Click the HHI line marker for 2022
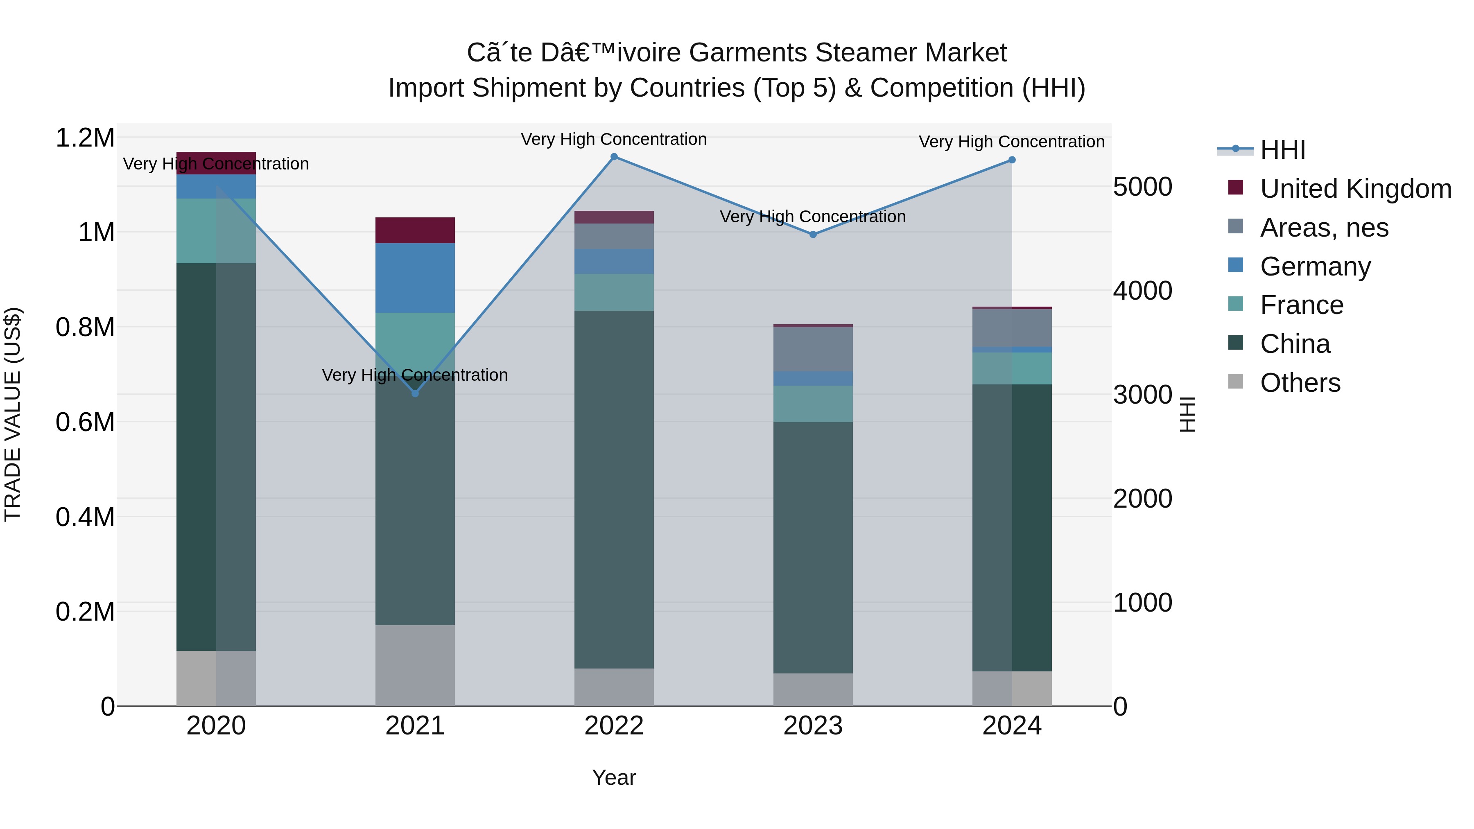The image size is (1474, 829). pyautogui.click(x=614, y=157)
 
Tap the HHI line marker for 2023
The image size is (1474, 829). pyautogui.click(x=813, y=235)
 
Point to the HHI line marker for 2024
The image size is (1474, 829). pyautogui.click(x=1012, y=160)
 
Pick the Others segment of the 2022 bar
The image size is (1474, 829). pyautogui.click(x=614, y=687)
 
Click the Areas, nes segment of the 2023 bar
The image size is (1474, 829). pyautogui.click(x=813, y=349)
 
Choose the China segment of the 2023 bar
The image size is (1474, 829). pyautogui.click(x=813, y=547)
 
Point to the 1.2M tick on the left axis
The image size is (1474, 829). pyautogui.click(x=85, y=138)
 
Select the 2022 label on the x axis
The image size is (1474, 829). pyautogui.click(x=614, y=726)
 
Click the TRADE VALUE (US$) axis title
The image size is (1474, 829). pyautogui.click(x=13, y=414)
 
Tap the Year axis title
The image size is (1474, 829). pyautogui.click(x=614, y=777)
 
